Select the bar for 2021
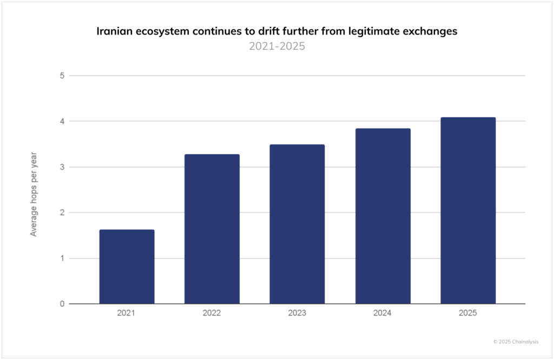coord(127,266)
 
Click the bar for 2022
coord(212,229)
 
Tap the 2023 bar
coord(297,224)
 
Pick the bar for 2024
coord(383,216)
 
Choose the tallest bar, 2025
coord(468,210)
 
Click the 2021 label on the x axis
coord(126,313)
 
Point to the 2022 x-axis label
coord(212,313)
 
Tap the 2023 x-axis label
coord(297,313)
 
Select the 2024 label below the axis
coord(382,313)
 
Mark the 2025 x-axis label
coord(468,313)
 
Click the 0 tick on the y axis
coord(62,304)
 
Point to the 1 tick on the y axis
coord(62,258)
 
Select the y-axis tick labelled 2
coord(62,212)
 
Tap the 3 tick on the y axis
coord(62,167)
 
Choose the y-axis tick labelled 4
coord(62,122)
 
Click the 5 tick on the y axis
coord(62,76)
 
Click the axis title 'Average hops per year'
coord(34,194)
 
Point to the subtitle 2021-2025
coord(277,46)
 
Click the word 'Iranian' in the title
coord(115,31)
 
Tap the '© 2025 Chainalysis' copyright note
coord(516,342)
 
